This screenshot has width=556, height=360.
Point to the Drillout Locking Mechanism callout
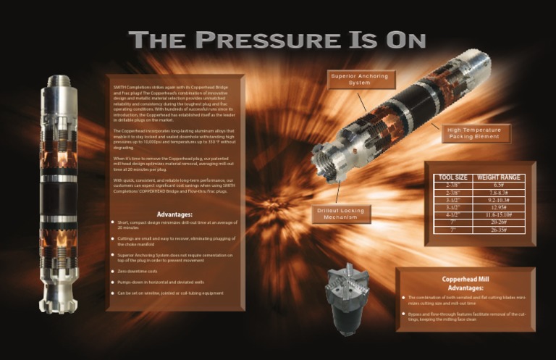point(342,214)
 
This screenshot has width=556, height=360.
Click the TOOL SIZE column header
point(453,177)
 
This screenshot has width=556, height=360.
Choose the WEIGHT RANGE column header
point(500,177)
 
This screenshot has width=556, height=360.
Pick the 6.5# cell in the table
point(500,185)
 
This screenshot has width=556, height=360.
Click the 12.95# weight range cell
point(500,207)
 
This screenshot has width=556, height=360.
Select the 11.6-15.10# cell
point(500,214)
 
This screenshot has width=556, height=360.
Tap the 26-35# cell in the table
point(500,230)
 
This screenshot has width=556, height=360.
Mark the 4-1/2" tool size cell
point(453,214)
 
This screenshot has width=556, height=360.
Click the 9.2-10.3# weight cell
point(500,199)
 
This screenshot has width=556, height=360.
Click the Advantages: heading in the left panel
point(174,214)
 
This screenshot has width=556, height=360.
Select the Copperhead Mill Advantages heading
point(466,283)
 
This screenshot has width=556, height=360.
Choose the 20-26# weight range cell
point(500,222)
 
